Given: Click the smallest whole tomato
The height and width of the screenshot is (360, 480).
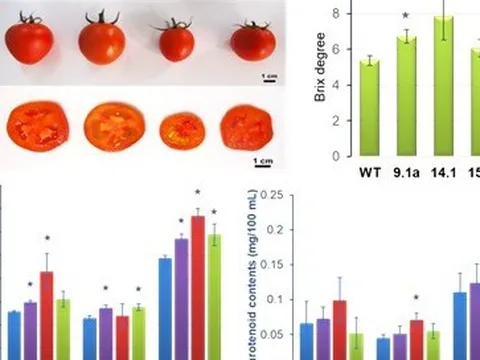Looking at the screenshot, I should (177, 41).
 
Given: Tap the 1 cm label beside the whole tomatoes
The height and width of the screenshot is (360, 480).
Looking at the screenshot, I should (267, 75).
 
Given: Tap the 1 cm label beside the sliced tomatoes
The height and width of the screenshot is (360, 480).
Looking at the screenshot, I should (263, 159).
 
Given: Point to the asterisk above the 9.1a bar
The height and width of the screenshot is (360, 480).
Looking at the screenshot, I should (405, 16).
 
